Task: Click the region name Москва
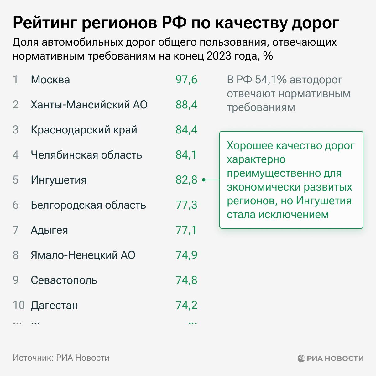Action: pyautogui.click(x=50, y=80)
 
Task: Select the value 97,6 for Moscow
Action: pyautogui.click(x=186, y=80)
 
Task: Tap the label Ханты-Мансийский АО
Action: pyautogui.click(x=89, y=105)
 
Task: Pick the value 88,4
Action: pyautogui.click(x=186, y=105)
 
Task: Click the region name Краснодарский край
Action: pyautogui.click(x=84, y=130)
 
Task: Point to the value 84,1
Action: pyautogui.click(x=186, y=155)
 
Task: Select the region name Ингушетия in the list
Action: pyautogui.click(x=59, y=180)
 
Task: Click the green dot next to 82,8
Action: pyautogui.click(x=204, y=180)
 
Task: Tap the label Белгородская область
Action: pyautogui.click(x=88, y=205)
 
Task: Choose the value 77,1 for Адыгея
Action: pyautogui.click(x=186, y=230)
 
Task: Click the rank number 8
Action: pyautogui.click(x=16, y=255)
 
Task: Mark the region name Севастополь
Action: pyautogui.click(x=64, y=280)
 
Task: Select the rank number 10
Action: pyautogui.click(x=18, y=305)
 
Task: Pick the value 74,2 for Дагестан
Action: pyautogui.click(x=186, y=305)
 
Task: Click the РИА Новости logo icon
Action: pyautogui.click(x=301, y=358)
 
